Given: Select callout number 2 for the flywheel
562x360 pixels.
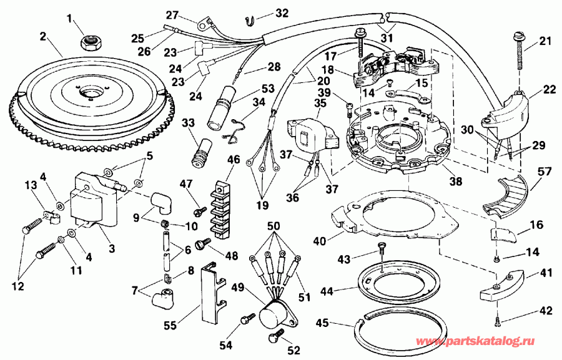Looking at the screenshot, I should [x=43, y=36].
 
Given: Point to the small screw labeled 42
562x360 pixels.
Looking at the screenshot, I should [x=497, y=321].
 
